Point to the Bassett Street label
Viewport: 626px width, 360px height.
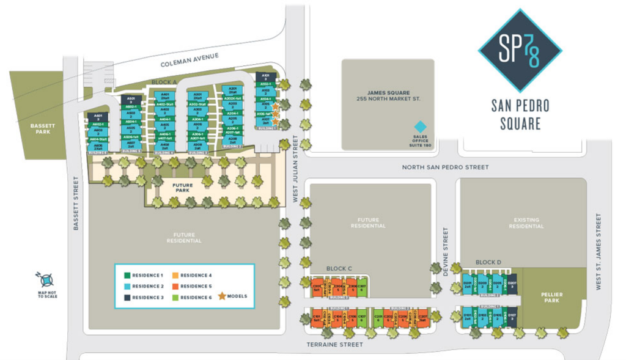(77, 204)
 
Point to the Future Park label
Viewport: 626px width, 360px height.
(183, 188)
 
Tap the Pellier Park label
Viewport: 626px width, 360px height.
(552, 298)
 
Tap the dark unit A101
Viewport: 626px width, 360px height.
(265, 78)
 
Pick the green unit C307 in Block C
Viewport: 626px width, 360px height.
(362, 287)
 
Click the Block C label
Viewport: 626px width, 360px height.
(339, 268)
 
